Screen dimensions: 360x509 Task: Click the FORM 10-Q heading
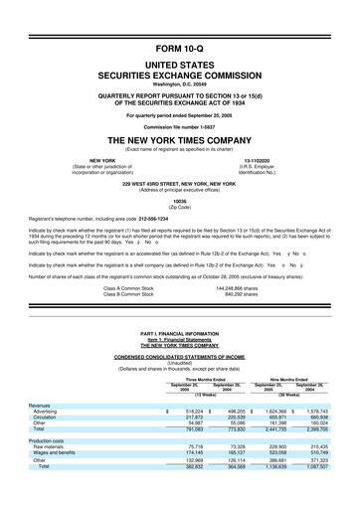179,46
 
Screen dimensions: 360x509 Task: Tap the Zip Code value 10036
179,200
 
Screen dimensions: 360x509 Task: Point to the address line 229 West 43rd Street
179,184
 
